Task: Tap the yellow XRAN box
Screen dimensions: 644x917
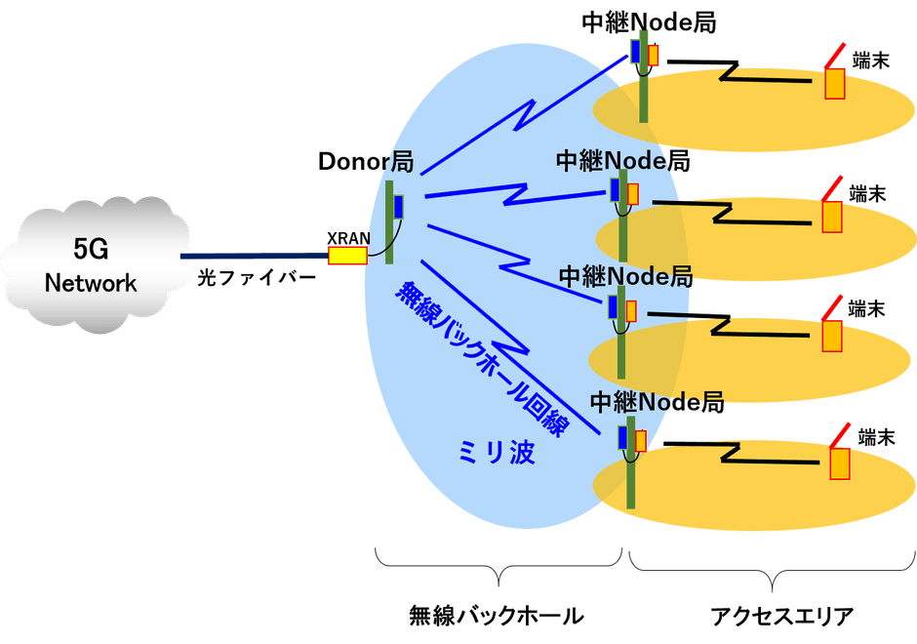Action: click(346, 256)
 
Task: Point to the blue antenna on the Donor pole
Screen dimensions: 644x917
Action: click(398, 207)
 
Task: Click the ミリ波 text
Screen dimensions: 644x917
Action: click(496, 452)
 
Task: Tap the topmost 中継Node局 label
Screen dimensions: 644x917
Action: click(649, 22)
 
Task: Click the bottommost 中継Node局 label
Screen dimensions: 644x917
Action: click(657, 401)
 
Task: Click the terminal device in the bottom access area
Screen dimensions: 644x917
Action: click(839, 463)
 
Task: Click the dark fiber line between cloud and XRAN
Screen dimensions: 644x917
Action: click(254, 257)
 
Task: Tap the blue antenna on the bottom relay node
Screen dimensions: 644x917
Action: click(621, 436)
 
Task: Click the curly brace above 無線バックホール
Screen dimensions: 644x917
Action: click(498, 563)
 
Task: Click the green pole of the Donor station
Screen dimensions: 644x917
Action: click(389, 224)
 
